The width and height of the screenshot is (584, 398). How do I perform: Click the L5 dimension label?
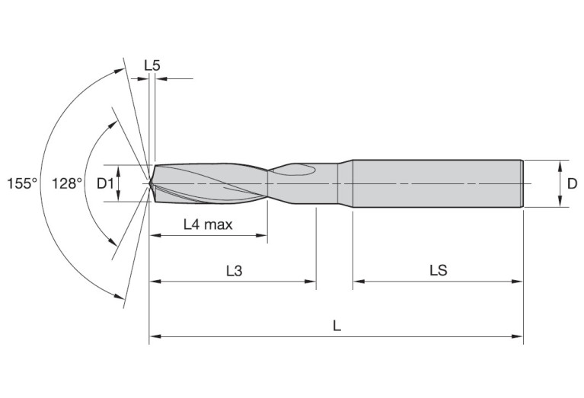tap(152, 65)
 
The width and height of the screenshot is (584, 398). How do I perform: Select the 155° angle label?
tap(22, 183)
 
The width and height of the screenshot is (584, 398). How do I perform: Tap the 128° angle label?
tap(67, 183)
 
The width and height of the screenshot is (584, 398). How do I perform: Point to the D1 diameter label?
tap(106, 183)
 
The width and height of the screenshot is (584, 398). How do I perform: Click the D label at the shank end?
tap(572, 183)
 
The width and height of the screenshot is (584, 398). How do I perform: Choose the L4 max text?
tap(208, 224)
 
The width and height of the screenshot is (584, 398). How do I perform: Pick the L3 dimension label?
tap(234, 270)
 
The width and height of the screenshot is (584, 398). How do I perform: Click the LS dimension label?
tap(438, 270)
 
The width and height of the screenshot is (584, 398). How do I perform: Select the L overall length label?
tap(337, 325)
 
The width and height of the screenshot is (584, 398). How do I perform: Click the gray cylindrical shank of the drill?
tap(438, 183)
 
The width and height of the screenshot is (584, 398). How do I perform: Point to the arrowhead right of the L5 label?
tap(161, 78)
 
